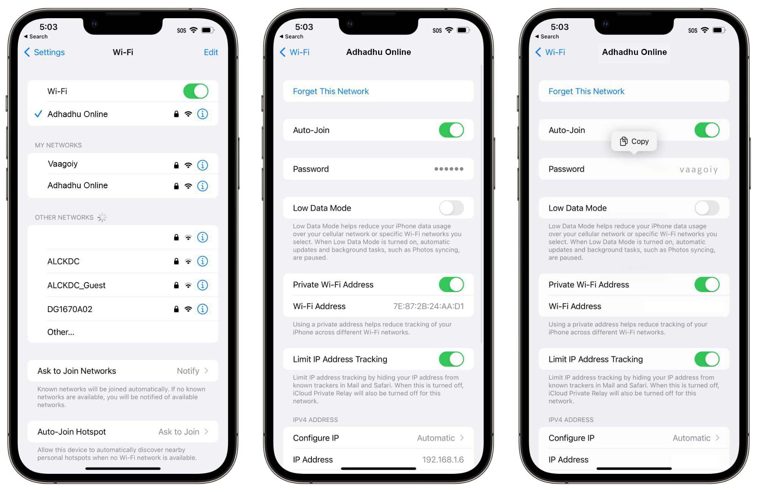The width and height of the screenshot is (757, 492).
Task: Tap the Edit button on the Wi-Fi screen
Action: coord(211,52)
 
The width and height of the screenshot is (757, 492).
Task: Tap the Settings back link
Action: coord(44,52)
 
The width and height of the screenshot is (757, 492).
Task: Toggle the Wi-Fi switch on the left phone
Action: coord(196,91)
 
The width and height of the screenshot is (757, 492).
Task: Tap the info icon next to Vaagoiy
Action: coord(202,165)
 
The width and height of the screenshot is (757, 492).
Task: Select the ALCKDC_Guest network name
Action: coord(76,285)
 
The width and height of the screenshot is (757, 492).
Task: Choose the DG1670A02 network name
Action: coord(70,309)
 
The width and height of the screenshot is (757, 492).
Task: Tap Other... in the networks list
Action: coord(61,332)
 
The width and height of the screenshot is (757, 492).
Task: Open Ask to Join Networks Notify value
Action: coord(188,371)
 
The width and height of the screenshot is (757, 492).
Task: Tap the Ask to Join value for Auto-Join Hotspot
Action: coord(179,432)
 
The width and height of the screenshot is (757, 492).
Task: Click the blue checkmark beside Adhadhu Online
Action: coord(38,114)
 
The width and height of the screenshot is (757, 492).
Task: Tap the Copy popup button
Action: coord(634,141)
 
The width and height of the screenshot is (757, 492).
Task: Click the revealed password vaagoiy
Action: coord(699,170)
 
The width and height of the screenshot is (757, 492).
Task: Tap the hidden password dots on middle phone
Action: coord(449,169)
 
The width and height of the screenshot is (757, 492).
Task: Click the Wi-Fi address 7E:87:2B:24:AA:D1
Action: coord(428,306)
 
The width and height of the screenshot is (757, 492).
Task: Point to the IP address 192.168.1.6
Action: coord(443,460)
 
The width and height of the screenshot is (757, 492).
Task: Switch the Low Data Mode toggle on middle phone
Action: coord(451,208)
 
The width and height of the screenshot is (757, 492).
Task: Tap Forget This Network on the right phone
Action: coord(586,91)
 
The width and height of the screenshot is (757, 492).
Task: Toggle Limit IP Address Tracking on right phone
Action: coord(707,359)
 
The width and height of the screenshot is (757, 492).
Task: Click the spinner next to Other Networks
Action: coord(102,217)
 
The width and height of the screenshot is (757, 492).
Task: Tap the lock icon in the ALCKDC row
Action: coord(176,261)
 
